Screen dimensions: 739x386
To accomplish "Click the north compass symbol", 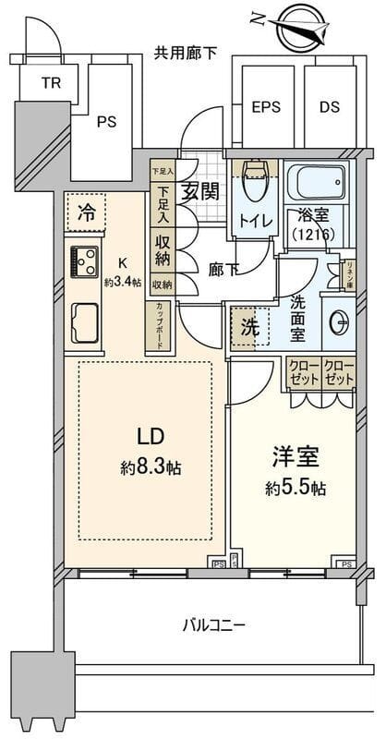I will point(300,27).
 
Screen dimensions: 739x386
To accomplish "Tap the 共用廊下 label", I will point(186,53).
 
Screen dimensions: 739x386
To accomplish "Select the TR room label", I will point(52,81).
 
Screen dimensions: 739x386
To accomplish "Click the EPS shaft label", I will point(268,106).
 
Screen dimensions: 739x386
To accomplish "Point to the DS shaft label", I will point(331,106).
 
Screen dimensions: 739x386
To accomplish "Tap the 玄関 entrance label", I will point(199,192).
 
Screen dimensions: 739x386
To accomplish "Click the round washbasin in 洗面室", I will point(339,322).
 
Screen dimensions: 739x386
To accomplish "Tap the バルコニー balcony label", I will point(213,625).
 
